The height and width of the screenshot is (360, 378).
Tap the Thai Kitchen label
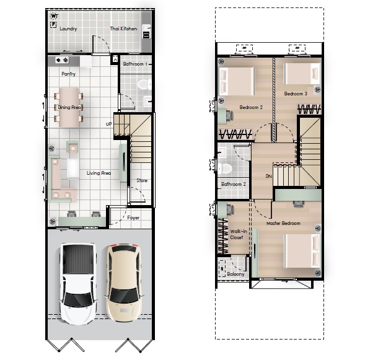(123, 29)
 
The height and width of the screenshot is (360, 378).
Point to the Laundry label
(68, 29)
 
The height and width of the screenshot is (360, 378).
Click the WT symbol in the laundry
(55, 16)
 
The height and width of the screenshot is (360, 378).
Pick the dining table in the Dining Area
(69, 107)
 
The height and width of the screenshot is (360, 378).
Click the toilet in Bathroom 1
(144, 84)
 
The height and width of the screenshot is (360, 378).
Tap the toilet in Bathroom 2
(225, 168)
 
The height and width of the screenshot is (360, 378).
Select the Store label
(142, 180)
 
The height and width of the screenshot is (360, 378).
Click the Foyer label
(133, 217)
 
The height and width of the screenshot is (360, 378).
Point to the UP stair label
(108, 124)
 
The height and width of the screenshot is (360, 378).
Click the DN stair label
(269, 176)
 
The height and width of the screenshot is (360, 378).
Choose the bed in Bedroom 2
(236, 81)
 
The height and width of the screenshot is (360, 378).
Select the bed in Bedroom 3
(302, 74)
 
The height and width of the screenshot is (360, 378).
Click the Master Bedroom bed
(302, 251)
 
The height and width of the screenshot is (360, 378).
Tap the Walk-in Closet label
(238, 234)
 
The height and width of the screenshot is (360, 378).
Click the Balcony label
(235, 274)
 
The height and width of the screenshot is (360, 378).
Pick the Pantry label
(68, 74)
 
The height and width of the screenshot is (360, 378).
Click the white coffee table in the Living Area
(73, 168)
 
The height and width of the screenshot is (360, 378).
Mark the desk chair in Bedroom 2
(229, 115)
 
